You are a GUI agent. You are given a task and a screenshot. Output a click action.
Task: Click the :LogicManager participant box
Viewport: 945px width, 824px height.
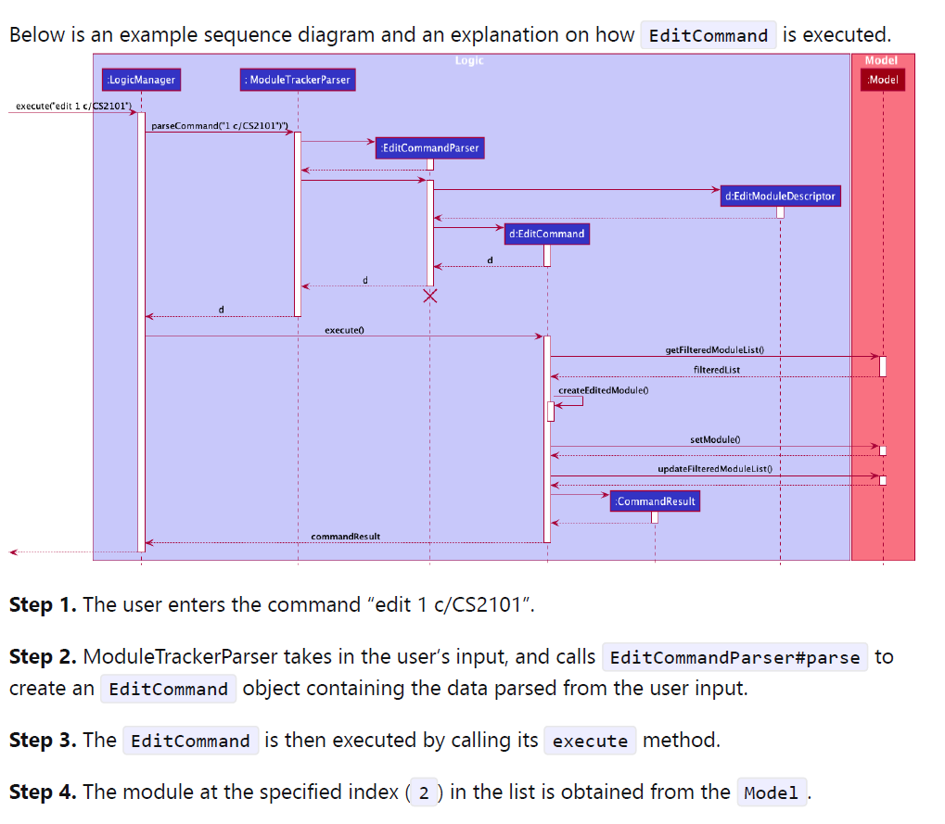(141, 80)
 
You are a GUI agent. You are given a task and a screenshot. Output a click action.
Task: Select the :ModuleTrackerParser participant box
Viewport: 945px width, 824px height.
(298, 80)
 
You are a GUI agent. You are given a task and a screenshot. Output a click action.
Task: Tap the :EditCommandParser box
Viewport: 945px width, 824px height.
(429, 147)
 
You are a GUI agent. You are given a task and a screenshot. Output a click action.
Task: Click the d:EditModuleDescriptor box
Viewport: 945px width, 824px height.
(780, 196)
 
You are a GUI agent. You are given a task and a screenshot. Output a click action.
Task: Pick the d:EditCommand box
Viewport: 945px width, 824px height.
(546, 234)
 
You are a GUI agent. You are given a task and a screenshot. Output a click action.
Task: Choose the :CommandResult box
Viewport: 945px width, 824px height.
(655, 501)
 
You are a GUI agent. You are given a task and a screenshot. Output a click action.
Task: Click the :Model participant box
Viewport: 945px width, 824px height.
(883, 80)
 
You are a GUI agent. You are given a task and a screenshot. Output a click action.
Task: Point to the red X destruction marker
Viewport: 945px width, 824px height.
(430, 296)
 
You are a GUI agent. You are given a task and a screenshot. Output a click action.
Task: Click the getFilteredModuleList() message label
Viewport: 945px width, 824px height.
(714, 349)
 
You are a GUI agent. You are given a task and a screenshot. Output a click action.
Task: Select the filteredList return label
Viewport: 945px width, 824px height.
(717, 370)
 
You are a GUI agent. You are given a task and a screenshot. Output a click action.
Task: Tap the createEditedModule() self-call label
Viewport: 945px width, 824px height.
(602, 390)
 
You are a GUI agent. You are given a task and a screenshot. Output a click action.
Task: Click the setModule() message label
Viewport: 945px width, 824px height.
(714, 439)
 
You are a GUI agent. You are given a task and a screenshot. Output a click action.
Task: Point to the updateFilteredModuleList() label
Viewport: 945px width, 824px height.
(714, 469)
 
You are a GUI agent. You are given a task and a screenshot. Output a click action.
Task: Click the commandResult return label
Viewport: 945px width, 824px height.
(345, 537)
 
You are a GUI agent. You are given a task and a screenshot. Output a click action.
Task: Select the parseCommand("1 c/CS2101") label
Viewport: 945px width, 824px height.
(218, 125)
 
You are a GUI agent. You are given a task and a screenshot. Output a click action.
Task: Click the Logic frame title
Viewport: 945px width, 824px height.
(469, 60)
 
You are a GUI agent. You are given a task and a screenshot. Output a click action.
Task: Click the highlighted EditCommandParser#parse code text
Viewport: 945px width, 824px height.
(734, 658)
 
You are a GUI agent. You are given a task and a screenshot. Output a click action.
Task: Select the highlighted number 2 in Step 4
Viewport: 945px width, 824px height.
(424, 792)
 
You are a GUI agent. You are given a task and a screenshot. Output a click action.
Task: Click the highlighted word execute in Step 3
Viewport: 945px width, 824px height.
(590, 741)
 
